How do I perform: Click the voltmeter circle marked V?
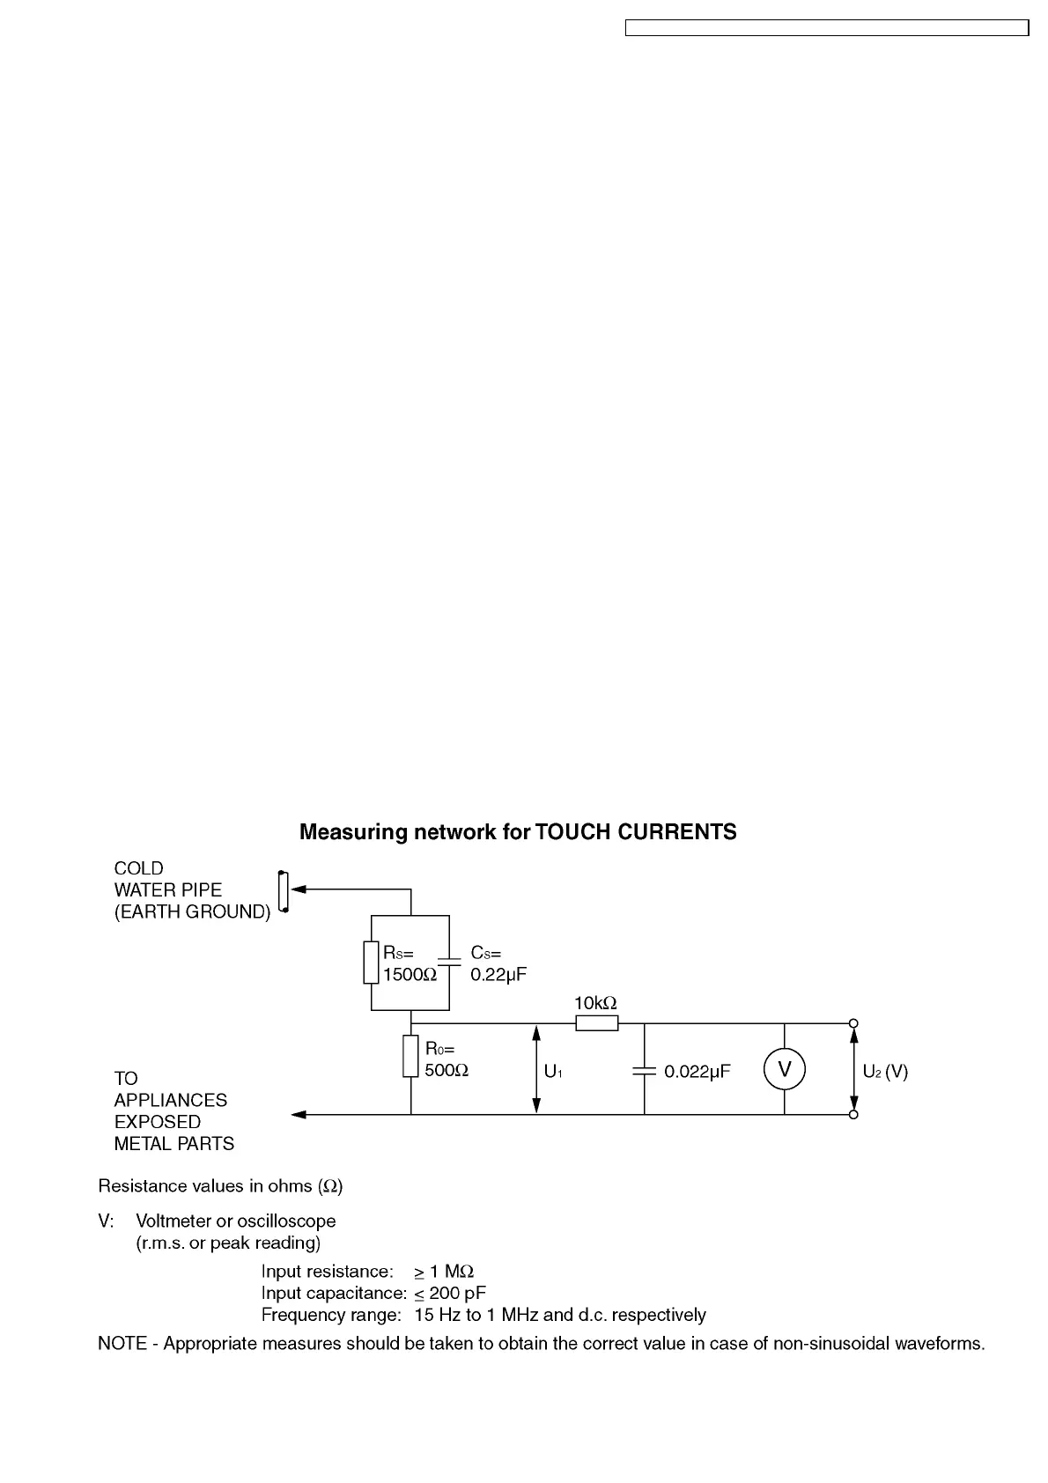click(784, 1069)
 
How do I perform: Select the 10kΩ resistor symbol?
click(596, 1023)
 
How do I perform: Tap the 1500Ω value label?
click(410, 975)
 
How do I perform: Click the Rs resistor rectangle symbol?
click(371, 962)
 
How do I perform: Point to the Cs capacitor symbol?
click(449, 962)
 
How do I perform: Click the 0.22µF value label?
click(498, 975)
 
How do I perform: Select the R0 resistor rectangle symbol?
click(410, 1056)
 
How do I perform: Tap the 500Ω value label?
click(447, 1071)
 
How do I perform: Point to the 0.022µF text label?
click(697, 1072)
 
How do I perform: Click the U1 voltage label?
click(553, 1072)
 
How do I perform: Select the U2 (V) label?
click(885, 1072)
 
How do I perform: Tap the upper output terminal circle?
click(853, 1023)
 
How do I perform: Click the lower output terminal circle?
click(853, 1115)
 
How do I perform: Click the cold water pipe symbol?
click(283, 891)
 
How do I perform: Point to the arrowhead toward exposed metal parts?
click(299, 1115)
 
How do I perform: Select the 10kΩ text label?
click(595, 1003)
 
